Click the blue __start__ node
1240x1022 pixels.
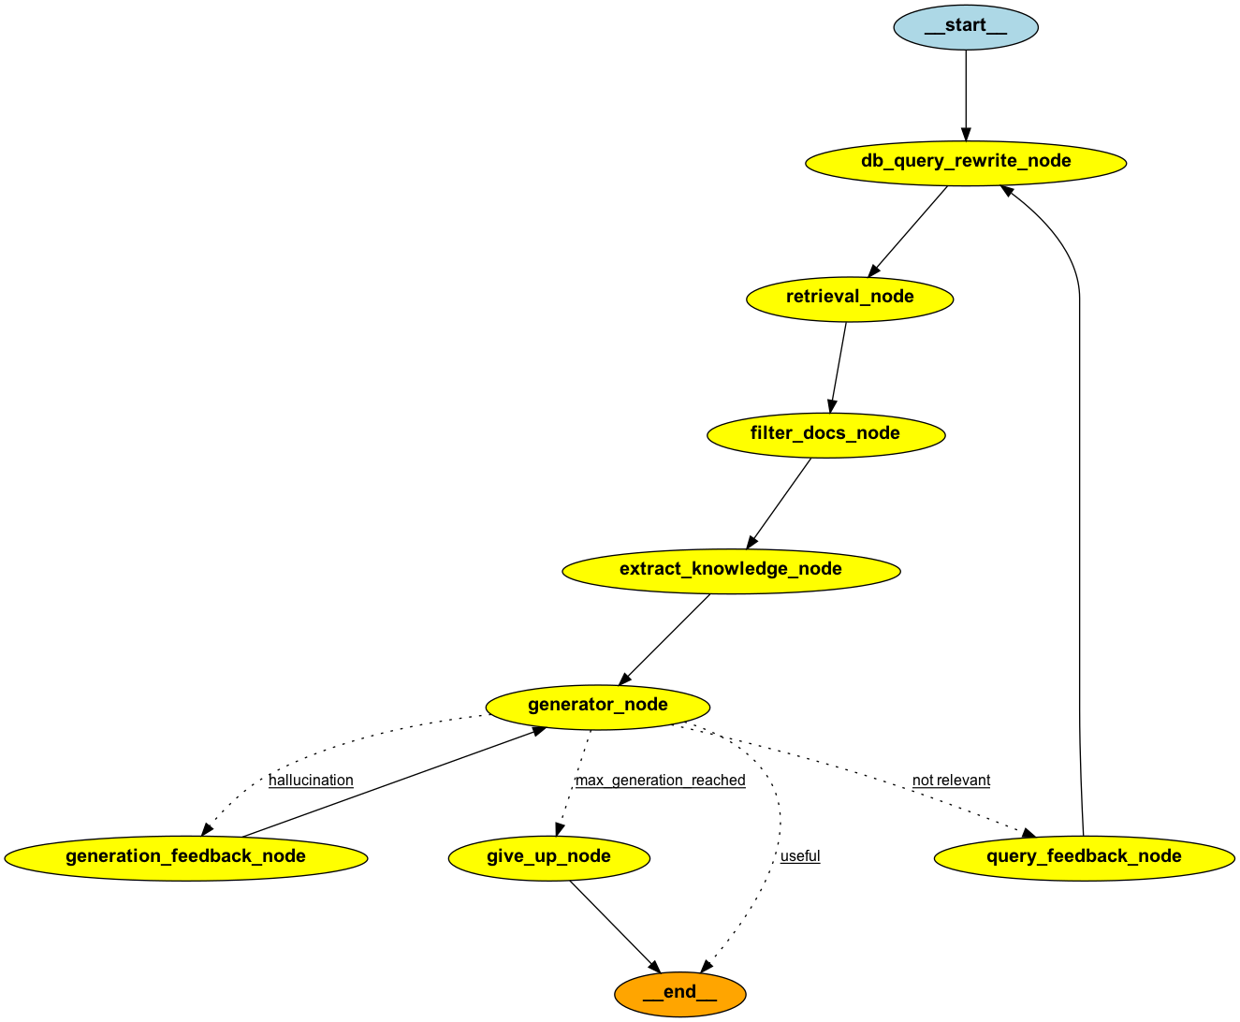tap(966, 26)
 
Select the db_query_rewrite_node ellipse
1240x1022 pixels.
tap(966, 162)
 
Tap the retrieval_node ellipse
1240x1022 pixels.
tap(850, 298)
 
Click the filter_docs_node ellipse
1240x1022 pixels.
tap(825, 434)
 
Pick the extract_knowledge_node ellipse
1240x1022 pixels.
tap(731, 570)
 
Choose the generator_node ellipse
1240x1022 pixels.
tap(598, 706)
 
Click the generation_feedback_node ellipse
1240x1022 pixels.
tap(185, 857)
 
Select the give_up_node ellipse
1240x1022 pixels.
tap(548, 857)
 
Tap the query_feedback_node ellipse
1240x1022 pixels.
tap(1084, 857)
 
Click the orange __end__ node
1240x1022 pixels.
tap(680, 993)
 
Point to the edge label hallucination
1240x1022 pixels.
tap(311, 781)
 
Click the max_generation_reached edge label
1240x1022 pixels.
tap(660, 781)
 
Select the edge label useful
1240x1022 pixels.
tap(800, 856)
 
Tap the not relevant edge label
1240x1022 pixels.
tap(951, 781)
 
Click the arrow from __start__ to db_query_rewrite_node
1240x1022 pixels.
tap(966, 94)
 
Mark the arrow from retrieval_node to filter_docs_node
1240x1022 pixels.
tap(839, 366)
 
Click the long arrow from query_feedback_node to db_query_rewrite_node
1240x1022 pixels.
tap(1080, 515)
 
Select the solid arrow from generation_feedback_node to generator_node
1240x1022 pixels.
tap(393, 782)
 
